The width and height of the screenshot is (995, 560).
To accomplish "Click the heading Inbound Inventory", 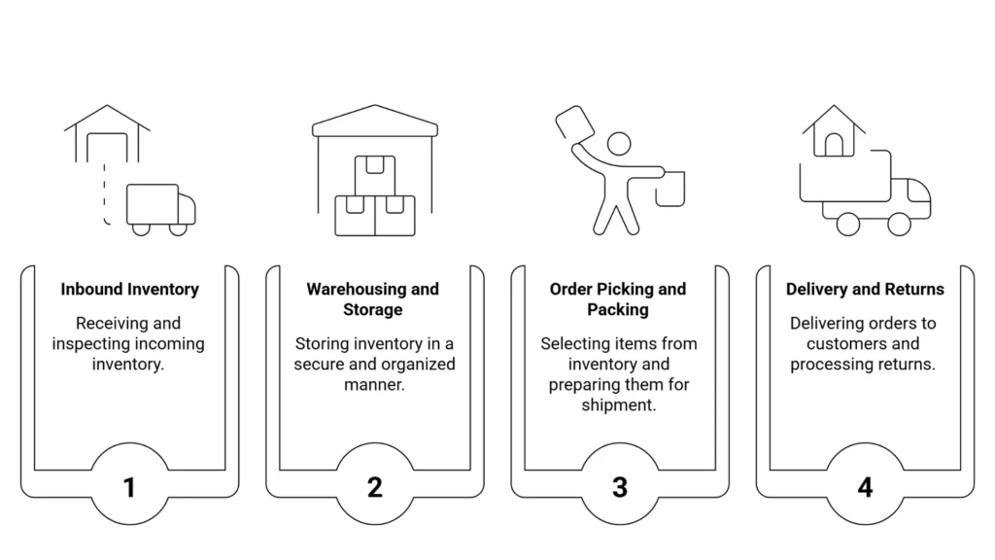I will click(x=129, y=289).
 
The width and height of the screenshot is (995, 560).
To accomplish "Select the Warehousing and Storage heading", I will click(x=373, y=298).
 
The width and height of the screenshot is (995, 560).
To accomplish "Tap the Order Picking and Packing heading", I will click(x=618, y=298).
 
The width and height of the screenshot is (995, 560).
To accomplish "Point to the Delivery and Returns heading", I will click(x=865, y=289).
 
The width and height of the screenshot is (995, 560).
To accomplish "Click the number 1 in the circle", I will click(x=129, y=487).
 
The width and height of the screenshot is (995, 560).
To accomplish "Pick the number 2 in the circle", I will click(x=374, y=487).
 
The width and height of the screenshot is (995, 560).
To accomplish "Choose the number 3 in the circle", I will click(x=620, y=487).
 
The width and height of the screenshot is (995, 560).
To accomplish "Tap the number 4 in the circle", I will click(x=865, y=487).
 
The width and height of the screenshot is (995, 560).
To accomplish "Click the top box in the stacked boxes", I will click(x=374, y=175).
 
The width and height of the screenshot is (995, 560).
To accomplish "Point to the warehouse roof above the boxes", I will click(x=374, y=122).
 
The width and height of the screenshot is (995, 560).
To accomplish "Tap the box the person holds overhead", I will click(x=574, y=124).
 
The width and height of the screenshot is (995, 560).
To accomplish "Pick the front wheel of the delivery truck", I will click(x=899, y=224).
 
